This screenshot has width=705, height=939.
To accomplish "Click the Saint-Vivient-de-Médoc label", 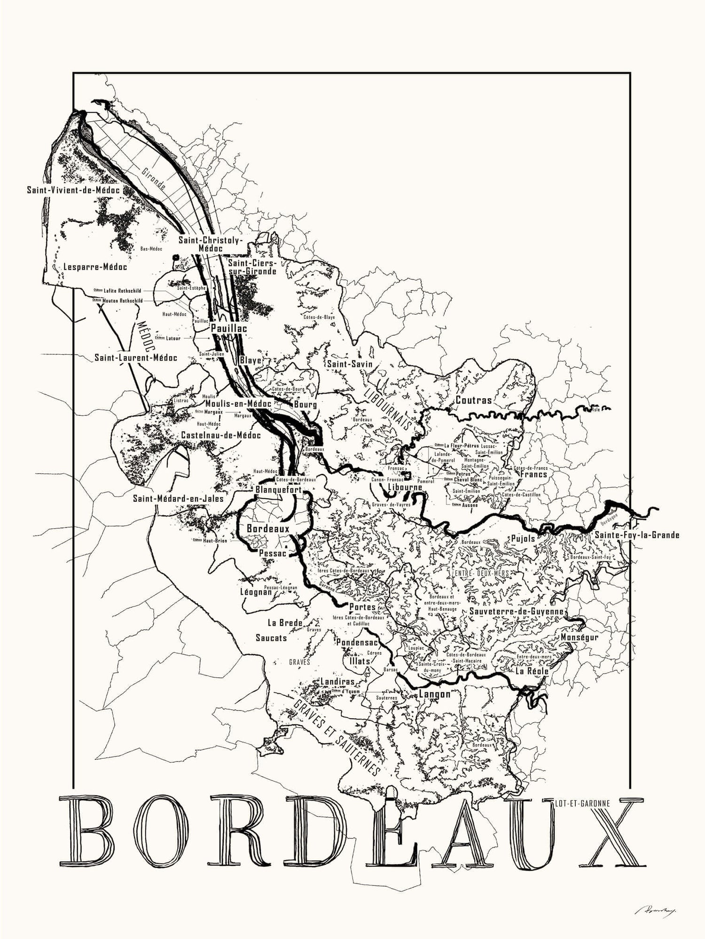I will (73, 190).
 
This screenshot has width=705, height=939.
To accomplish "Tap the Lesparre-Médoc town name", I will (95, 267).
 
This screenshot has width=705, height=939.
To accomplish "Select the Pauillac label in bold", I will (229, 328).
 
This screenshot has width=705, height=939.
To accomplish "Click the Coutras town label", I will (473, 401).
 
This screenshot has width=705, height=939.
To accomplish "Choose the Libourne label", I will (405, 488).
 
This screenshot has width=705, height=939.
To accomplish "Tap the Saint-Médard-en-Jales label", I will (178, 498).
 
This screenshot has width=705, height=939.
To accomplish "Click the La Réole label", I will (532, 671).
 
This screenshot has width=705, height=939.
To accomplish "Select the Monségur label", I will (579, 637).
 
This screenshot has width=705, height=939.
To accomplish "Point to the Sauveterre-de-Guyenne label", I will (517, 612).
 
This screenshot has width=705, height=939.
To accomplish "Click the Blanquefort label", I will (277, 490).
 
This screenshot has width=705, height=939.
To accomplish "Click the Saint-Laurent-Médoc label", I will (136, 357).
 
